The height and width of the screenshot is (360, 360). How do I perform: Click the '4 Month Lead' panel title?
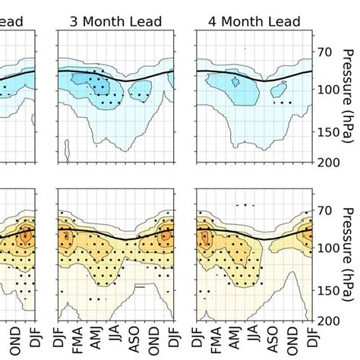(253, 21)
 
